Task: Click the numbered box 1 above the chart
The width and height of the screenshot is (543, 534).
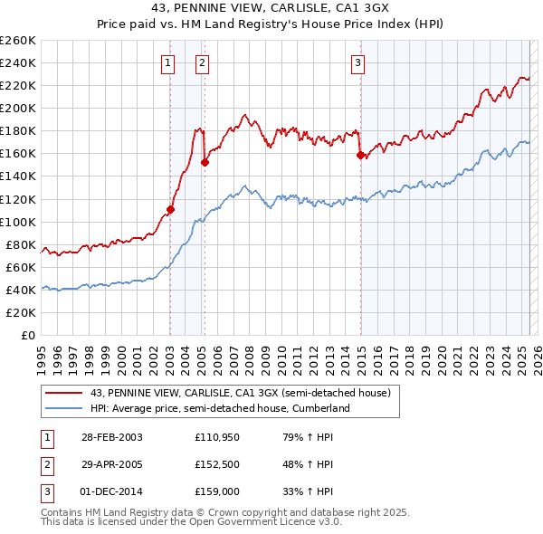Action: [168, 62]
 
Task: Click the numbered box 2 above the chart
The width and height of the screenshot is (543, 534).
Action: [201, 62]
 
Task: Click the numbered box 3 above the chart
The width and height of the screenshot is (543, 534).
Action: [358, 62]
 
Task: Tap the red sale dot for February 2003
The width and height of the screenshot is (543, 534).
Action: [170, 209]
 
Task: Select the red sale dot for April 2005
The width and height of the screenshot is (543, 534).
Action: [205, 162]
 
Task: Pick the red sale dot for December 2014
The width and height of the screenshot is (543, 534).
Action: [361, 155]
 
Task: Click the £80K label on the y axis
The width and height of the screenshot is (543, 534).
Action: [21, 244]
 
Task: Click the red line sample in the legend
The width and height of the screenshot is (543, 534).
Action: [65, 393]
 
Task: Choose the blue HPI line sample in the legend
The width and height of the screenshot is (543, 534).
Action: [65, 408]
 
